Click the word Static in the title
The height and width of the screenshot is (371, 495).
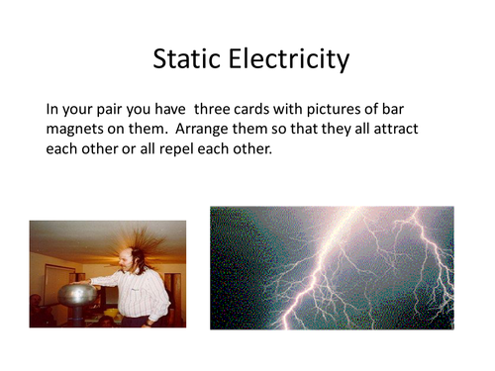point(188,59)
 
